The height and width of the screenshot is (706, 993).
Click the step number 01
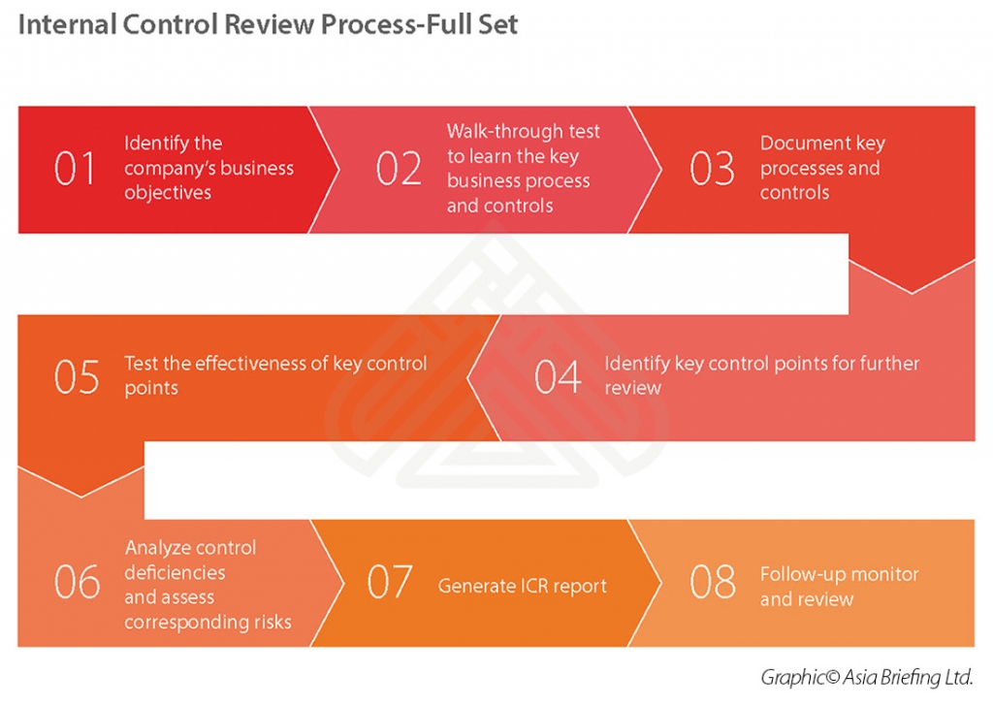click(76, 169)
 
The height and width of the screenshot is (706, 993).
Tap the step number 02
click(399, 169)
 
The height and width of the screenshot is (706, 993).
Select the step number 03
click(712, 169)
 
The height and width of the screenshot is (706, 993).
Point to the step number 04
click(558, 376)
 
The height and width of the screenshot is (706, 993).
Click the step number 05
click(77, 376)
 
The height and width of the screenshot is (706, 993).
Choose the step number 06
click(77, 582)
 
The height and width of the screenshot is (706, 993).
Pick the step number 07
click(390, 582)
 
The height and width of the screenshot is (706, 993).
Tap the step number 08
click(712, 582)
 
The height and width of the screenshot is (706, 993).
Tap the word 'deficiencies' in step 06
click(175, 572)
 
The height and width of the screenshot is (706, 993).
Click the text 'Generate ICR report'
click(522, 586)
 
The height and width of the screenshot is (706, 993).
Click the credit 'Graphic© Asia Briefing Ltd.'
click(866, 676)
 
